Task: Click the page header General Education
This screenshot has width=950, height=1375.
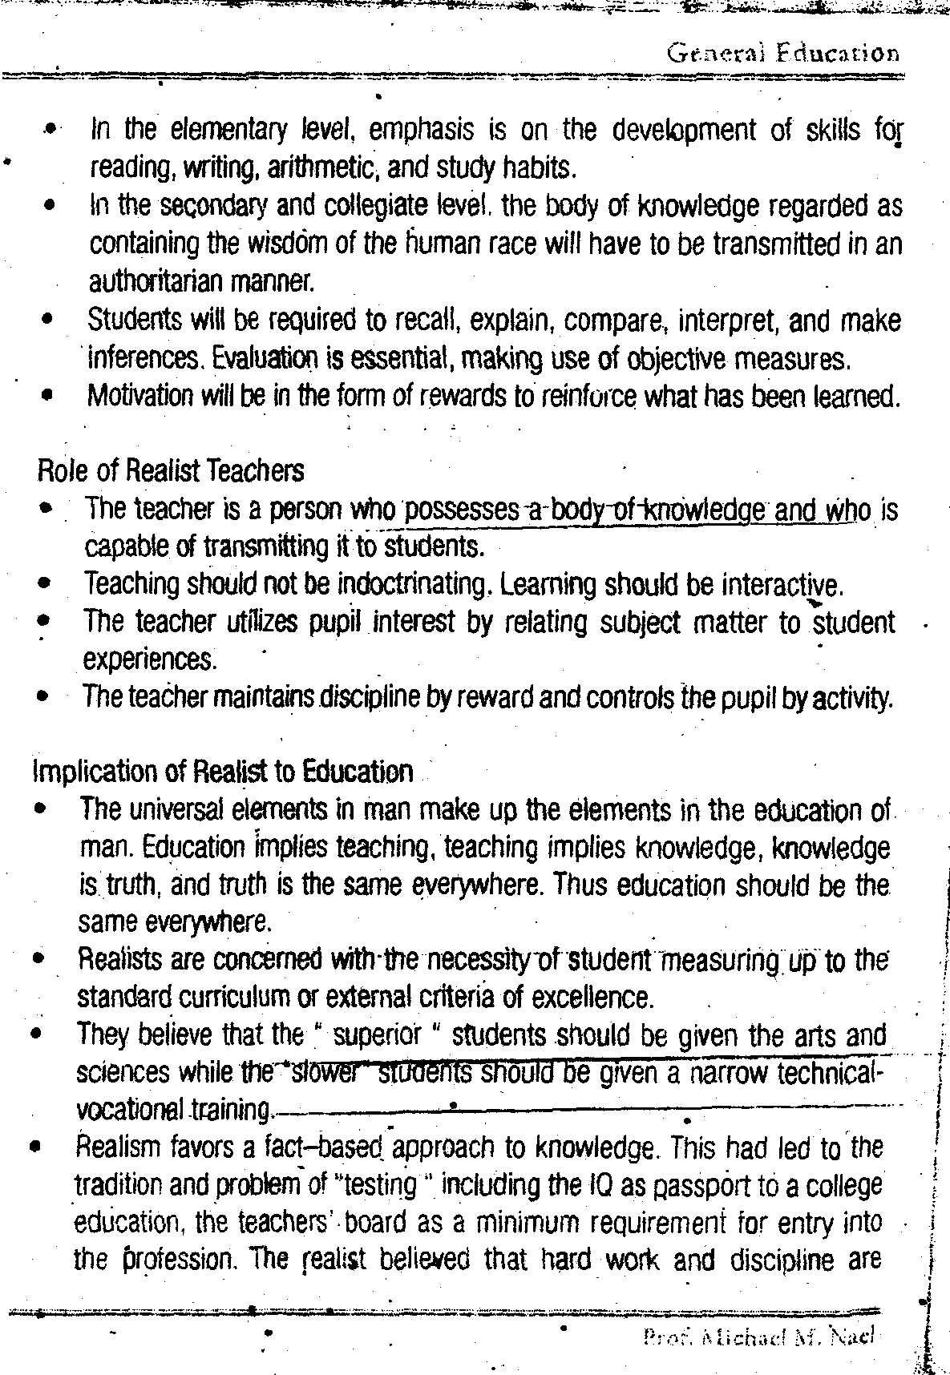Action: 782,54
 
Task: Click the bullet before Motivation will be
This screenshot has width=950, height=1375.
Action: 50,395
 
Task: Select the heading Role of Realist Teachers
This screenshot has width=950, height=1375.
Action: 171,470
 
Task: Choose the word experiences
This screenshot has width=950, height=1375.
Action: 149,659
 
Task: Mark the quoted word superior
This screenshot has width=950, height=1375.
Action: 376,1035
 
